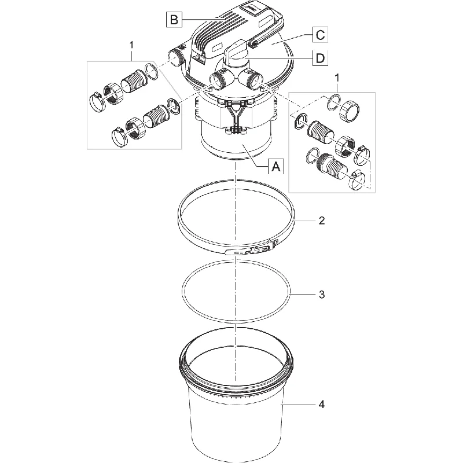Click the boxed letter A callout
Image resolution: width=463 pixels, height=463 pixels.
[276, 166]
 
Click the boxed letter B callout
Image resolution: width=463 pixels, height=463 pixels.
[174, 20]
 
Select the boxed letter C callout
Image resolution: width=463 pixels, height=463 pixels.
[320, 35]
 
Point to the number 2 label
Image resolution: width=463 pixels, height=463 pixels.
[322, 221]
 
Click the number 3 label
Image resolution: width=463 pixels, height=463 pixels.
[322, 295]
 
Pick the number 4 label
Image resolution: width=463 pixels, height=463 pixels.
[322, 404]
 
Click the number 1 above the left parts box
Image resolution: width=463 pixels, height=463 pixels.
[131, 45]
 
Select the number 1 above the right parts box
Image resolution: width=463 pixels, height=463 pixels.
[337, 78]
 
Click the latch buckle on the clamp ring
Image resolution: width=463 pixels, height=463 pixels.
[252, 248]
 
